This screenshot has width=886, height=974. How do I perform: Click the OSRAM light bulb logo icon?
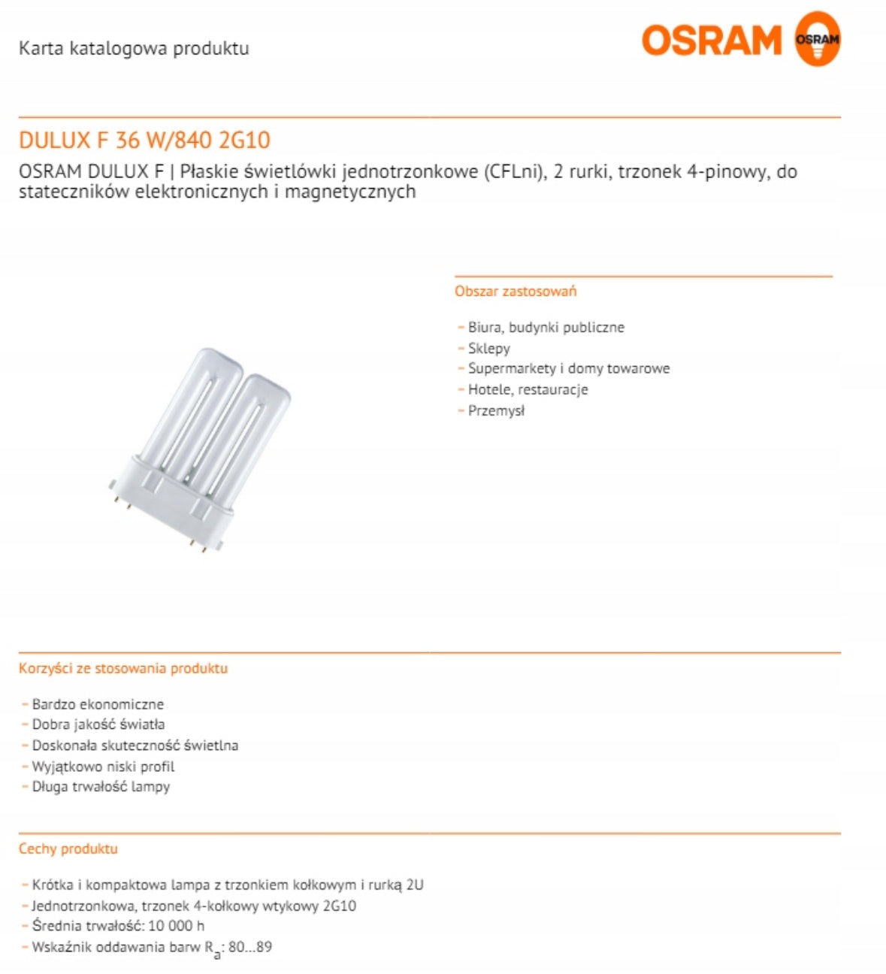click(x=817, y=39)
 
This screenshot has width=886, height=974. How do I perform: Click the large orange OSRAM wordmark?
click(x=711, y=41)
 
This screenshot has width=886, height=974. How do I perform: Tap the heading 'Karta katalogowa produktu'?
click(x=134, y=49)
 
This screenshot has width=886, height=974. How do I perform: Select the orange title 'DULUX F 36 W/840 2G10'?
click(x=144, y=141)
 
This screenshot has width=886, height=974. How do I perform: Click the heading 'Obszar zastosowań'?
click(x=516, y=292)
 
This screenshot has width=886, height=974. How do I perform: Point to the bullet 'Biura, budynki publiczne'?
click(x=546, y=328)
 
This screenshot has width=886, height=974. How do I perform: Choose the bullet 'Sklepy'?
click(x=488, y=349)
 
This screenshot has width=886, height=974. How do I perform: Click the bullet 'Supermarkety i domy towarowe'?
click(x=568, y=369)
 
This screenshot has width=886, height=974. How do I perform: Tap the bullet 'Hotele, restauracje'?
click(x=528, y=390)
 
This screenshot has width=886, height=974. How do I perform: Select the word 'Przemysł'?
click(x=496, y=411)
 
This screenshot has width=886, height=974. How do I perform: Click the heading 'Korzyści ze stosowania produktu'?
click(x=123, y=669)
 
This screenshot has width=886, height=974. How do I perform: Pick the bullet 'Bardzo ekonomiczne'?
click(x=98, y=705)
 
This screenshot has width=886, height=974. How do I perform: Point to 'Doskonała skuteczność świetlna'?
click(x=135, y=746)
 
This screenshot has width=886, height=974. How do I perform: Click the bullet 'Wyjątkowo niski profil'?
click(x=103, y=767)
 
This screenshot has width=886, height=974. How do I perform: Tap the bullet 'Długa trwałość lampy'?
click(x=101, y=788)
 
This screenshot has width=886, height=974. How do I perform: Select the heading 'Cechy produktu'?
click(x=68, y=849)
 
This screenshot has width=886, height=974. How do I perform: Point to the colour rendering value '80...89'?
click(x=249, y=948)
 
